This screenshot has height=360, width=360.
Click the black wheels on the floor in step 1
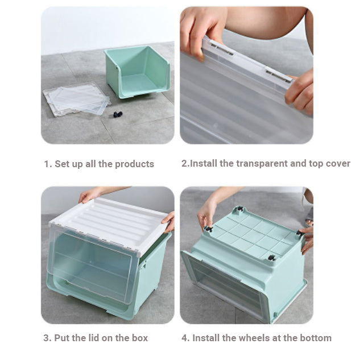(118, 114)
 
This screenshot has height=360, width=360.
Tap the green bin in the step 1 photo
(137, 72)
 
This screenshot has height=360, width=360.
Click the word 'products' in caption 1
(134, 164)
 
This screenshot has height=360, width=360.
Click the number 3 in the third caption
(46, 338)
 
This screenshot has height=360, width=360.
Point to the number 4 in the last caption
(184, 338)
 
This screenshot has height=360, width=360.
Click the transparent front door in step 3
(92, 264)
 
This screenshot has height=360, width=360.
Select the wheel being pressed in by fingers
(209, 229)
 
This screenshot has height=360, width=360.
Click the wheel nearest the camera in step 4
(272, 258)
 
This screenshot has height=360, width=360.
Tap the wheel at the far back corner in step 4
(240, 209)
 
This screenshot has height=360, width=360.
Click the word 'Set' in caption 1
(62, 164)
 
